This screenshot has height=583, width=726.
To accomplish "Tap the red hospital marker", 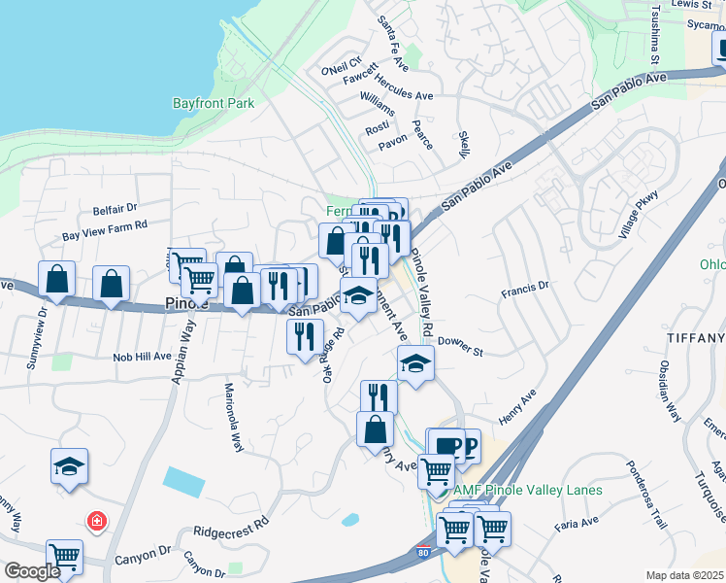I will click(x=97, y=522).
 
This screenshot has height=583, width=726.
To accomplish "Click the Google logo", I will click(x=31, y=571).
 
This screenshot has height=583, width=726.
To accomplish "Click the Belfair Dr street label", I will click(x=115, y=209).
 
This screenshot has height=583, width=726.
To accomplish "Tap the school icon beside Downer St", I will click(x=415, y=363).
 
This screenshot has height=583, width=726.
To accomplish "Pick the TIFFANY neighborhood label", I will click(x=696, y=337).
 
